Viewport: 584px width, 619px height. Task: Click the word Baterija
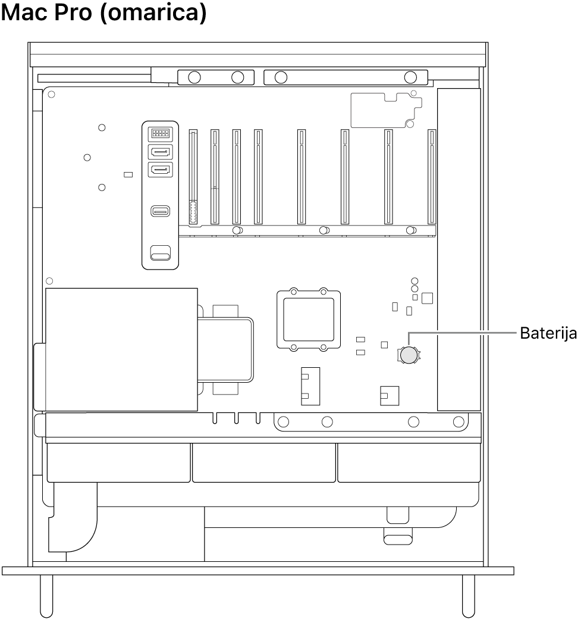pyautogui.click(x=548, y=333)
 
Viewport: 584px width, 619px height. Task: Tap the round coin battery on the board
pyautogui.click(x=409, y=355)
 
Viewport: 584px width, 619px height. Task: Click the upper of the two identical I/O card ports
pyautogui.click(x=159, y=152)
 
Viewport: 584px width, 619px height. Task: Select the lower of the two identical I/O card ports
pyautogui.click(x=159, y=171)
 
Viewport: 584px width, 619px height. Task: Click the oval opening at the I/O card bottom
pyautogui.click(x=159, y=255)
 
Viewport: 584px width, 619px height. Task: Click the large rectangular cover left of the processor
pyautogui.click(x=121, y=349)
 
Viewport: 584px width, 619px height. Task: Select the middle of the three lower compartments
pyautogui.click(x=264, y=462)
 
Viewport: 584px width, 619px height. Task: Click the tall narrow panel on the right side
pyautogui.click(x=458, y=250)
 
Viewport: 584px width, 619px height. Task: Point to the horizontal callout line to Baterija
pyautogui.click(x=464, y=333)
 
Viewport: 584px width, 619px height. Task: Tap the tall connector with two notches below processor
pyautogui.click(x=309, y=385)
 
